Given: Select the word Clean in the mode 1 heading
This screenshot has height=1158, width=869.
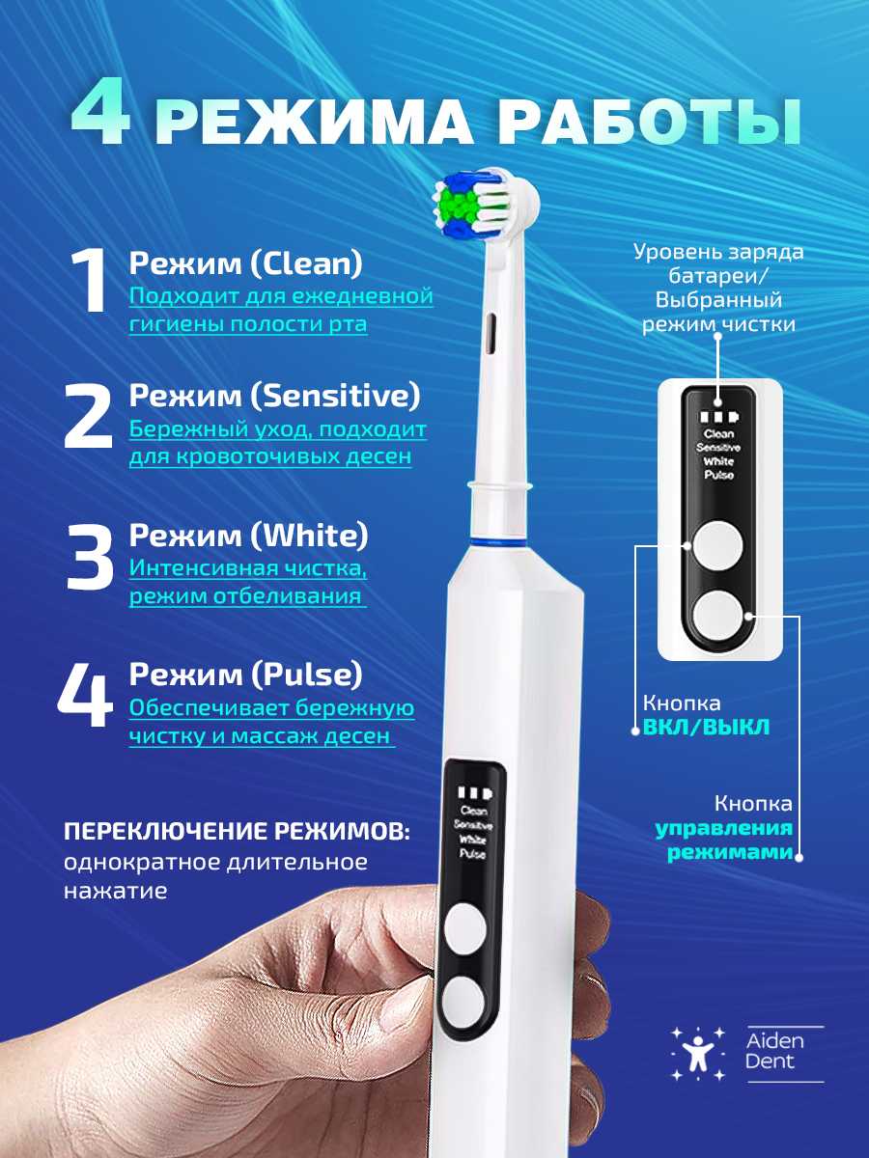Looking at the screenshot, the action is tap(306, 263).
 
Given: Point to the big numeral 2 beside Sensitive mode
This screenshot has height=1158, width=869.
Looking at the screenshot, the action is tap(88, 417).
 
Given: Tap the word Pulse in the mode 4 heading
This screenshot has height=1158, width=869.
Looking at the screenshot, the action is tap(307, 675).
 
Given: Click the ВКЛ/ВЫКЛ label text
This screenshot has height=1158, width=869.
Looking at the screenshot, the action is tap(706, 727).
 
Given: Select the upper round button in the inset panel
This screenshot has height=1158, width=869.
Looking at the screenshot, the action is tap(717, 545).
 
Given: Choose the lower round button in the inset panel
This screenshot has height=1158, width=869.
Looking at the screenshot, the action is tap(717, 615).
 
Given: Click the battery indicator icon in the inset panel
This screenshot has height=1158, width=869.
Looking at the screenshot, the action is tap(719, 417).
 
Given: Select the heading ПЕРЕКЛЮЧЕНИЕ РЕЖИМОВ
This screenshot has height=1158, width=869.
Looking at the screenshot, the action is tap(237, 833).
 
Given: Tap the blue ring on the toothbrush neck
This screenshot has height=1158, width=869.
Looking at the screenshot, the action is tap(497, 541).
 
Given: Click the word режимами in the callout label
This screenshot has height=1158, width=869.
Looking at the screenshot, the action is tap(730, 852).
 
